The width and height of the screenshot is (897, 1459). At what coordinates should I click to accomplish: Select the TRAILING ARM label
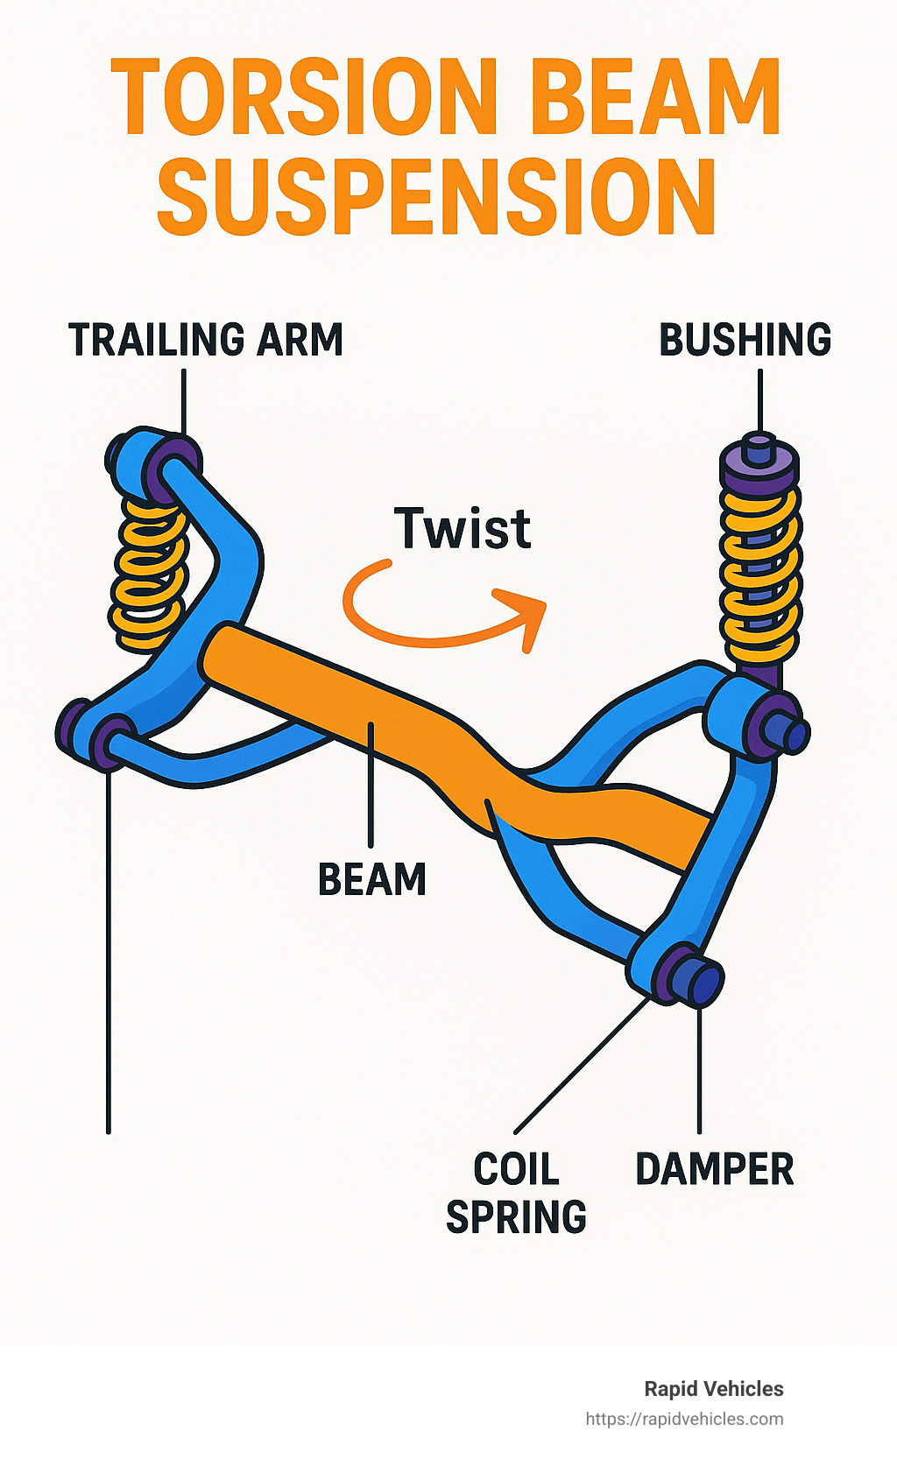pos(206,340)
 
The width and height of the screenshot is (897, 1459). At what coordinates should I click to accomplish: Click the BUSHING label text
pos(745,340)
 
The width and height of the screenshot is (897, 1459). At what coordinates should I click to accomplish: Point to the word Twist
pos(463,529)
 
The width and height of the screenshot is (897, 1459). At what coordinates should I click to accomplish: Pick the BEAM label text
pos(371,879)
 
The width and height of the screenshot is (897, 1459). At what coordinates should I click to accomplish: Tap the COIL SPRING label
pos(516,1193)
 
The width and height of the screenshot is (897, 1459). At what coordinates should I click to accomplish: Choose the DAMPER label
pos(714,1170)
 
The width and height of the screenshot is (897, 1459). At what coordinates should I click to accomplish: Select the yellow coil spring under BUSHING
pos(759,574)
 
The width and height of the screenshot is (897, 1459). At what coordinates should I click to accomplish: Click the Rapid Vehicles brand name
pos(713,1389)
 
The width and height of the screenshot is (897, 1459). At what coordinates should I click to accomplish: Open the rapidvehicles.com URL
pos(684,1419)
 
